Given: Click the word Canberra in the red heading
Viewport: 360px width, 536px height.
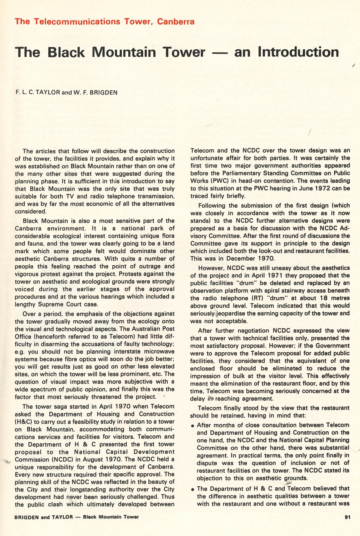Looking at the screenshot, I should (176, 21).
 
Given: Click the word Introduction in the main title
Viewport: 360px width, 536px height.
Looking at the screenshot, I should (298, 52).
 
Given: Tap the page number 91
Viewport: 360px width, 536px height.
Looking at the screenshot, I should (347, 517).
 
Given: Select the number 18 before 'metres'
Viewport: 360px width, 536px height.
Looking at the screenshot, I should (323, 298).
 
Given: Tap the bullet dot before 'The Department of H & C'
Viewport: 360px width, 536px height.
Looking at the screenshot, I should (193, 489).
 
